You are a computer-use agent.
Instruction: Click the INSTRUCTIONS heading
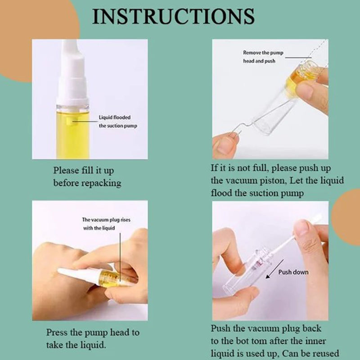[173, 17]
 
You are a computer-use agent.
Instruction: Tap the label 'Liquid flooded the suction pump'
[118, 121]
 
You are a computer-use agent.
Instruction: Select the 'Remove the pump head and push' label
[263, 57]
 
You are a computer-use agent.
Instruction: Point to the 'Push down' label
[293, 272]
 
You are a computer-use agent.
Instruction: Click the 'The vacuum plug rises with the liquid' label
[106, 224]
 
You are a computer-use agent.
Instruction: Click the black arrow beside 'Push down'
[274, 269]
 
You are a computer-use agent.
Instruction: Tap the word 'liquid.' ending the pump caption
[94, 345]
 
